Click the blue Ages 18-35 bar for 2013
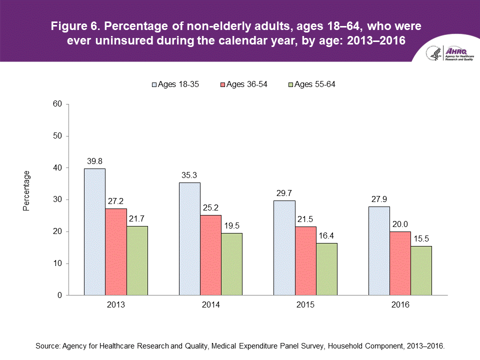(94, 232)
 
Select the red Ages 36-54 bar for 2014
(211, 255)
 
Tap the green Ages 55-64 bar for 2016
(421, 270)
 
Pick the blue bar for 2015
(284, 248)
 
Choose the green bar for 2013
(137, 260)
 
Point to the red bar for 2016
(400, 263)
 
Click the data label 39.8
(94, 161)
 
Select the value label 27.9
(379, 199)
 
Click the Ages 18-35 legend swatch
(154, 84)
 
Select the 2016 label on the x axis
(400, 304)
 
